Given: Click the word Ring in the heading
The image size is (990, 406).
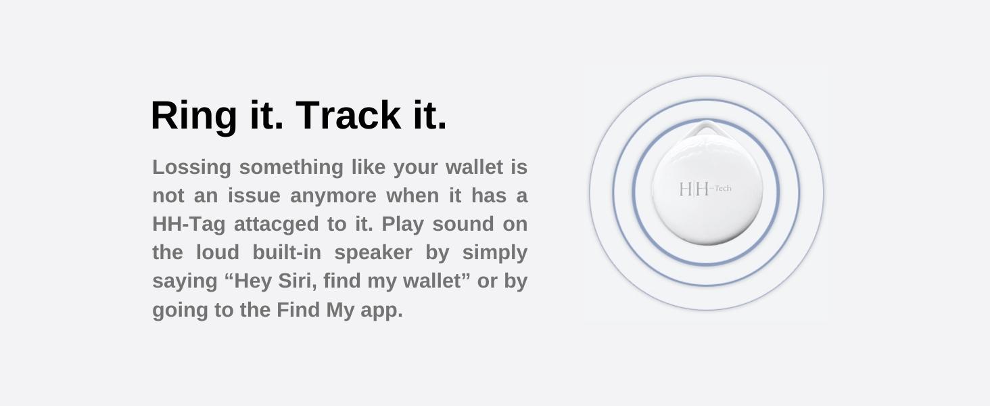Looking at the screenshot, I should pos(193,115).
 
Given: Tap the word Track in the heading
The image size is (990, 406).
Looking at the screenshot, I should pos(348,115).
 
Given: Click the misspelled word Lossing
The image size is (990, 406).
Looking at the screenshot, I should pos(191,166).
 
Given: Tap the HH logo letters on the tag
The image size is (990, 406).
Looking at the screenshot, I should pos(694,189).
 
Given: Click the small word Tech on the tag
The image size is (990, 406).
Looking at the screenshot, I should pos(722,188).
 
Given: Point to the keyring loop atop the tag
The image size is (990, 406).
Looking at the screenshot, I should pos(707,129).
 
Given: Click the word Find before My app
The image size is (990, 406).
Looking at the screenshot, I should pos(298,310).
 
